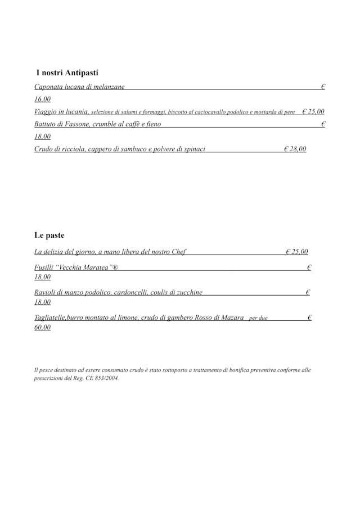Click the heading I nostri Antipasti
pyautogui.click(x=67, y=73)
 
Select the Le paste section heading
pyautogui.click(x=49, y=235)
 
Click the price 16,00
pyautogui.click(x=43, y=99)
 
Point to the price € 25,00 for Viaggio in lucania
pyautogui.click(x=313, y=112)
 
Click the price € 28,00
pyautogui.click(x=295, y=149)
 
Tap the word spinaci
pyautogui.click(x=192, y=149)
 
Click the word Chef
pyautogui.click(x=178, y=252)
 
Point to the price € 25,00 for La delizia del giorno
pyautogui.click(x=296, y=252)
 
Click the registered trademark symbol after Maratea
pyautogui.click(x=115, y=267)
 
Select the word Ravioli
pyautogui.click(x=46, y=292)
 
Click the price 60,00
pyautogui.click(x=43, y=328)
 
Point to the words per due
pyautogui.click(x=258, y=319)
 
